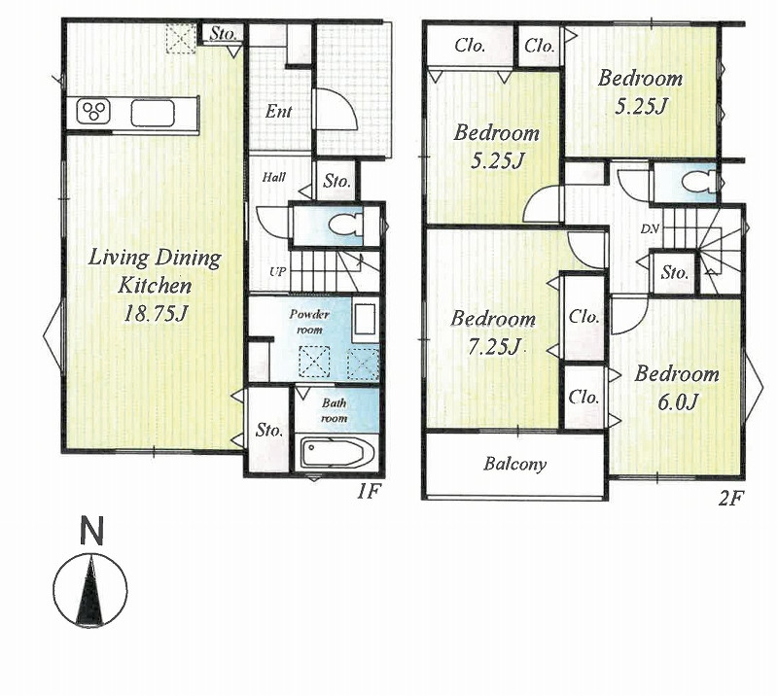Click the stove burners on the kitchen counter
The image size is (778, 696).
click(94, 111)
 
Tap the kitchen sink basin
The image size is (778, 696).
click(153, 112)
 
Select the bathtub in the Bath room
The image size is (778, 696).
click(336, 452)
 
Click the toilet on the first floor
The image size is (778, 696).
click(346, 225)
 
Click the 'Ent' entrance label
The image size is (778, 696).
click(278, 112)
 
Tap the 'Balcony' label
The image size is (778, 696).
click(515, 465)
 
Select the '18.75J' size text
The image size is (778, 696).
click(156, 313)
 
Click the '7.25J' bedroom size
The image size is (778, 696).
click(494, 346)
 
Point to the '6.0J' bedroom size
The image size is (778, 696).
click(678, 401)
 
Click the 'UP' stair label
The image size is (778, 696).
click(277, 272)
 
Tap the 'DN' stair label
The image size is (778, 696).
click(649, 228)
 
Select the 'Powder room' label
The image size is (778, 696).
click(309, 322)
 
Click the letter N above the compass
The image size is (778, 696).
click(91, 531)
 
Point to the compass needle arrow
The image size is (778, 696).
click(90, 590)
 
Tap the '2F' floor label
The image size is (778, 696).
click(730, 498)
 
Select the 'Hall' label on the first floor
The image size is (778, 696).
click(274, 177)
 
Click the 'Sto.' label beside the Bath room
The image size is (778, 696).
click(269, 430)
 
